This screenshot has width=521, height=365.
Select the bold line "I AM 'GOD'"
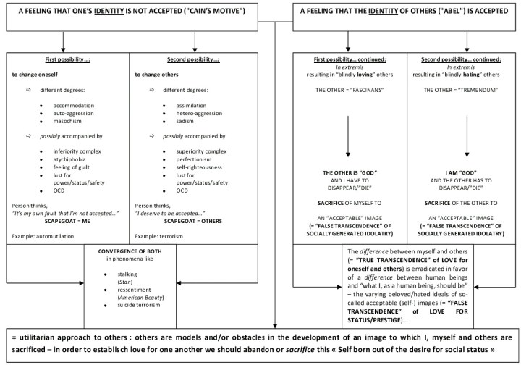pyautogui.click(x=457, y=175)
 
